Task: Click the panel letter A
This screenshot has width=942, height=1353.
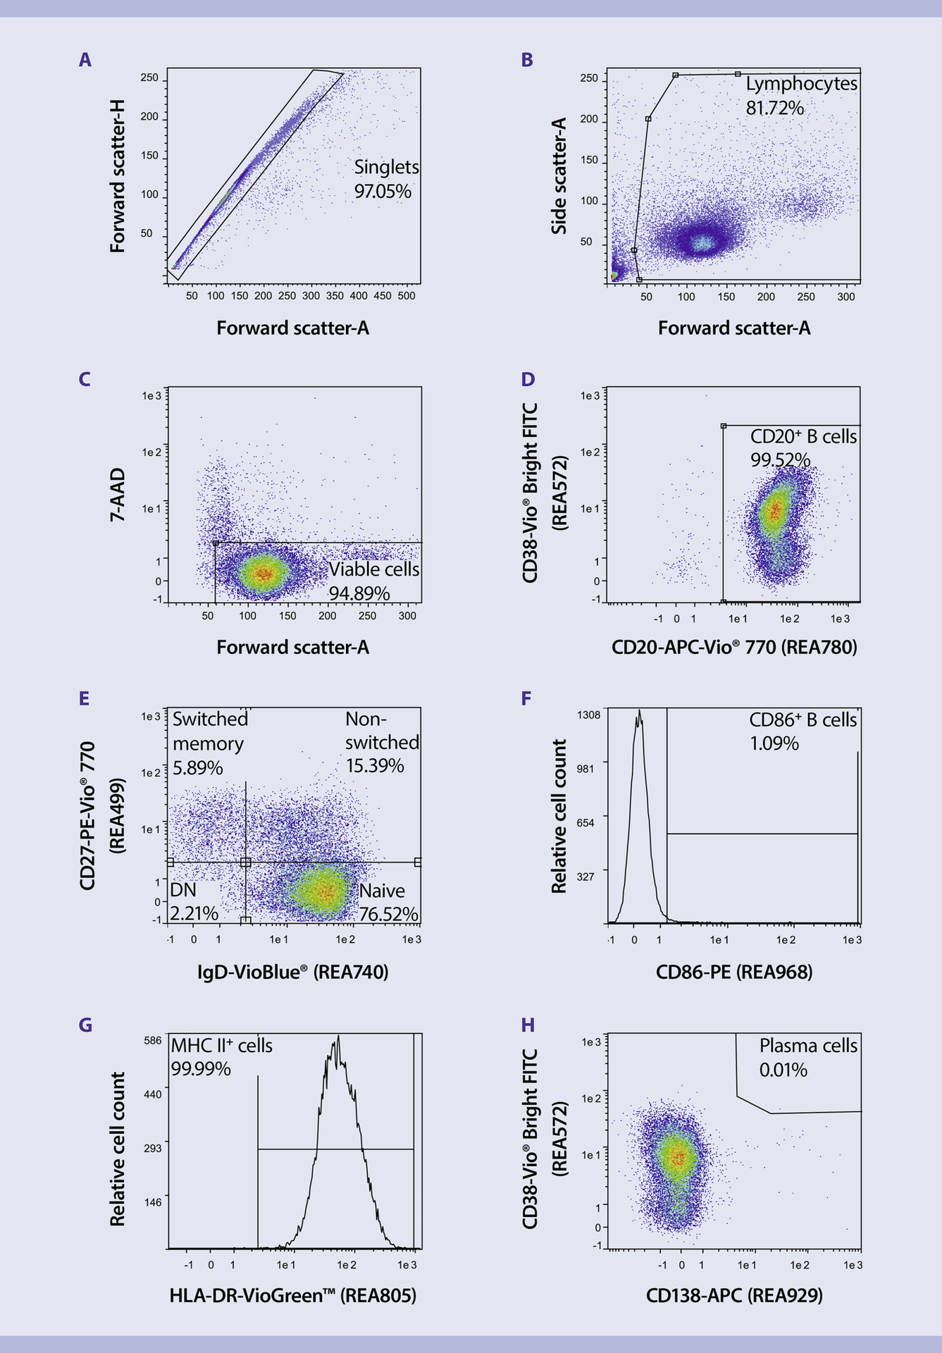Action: [x=85, y=60]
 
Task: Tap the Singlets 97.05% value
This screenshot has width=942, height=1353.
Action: [x=383, y=192]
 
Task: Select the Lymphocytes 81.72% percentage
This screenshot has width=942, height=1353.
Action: [x=774, y=108]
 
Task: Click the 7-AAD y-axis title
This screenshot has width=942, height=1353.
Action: [x=117, y=494]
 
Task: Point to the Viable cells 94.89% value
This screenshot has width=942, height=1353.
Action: [x=359, y=593]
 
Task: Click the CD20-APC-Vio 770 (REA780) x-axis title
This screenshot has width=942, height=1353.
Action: [x=734, y=647]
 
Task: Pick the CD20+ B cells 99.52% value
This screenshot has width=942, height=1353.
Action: [x=779, y=460]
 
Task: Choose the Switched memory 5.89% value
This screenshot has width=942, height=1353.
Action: [x=197, y=767]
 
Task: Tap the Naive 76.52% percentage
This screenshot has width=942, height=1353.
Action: [x=388, y=914]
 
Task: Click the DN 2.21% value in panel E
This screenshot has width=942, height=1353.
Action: [x=194, y=913]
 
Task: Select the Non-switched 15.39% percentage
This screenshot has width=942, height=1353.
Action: [x=374, y=765]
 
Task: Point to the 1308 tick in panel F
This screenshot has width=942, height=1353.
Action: [x=588, y=715]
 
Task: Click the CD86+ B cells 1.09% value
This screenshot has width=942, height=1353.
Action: [x=774, y=743]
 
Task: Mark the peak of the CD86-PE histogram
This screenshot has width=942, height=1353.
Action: [x=639, y=712]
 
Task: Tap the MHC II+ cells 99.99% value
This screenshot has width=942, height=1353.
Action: [x=200, y=1069]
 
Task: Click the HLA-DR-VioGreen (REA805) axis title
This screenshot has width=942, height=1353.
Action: [x=292, y=1295]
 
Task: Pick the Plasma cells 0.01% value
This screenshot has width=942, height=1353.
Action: [x=783, y=1070]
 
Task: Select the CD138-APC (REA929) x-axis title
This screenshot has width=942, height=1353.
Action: [x=734, y=1295]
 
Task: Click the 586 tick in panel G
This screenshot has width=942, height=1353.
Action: [x=152, y=1040]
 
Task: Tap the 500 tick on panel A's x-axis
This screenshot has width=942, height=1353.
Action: [x=407, y=296]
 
